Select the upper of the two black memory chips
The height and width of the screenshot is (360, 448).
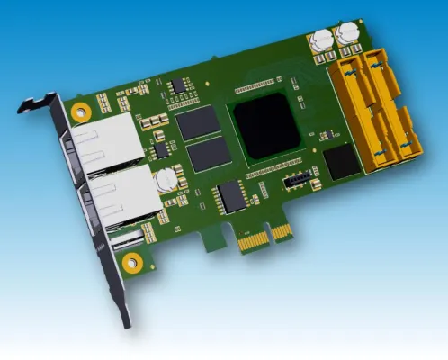coord(196,122)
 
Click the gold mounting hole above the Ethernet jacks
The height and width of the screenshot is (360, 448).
coord(81,112)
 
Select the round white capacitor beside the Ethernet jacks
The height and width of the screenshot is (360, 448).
coord(165,183)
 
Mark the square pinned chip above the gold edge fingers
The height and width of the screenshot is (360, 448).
coord(233,195)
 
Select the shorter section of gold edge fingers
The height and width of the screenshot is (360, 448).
coord(282,231)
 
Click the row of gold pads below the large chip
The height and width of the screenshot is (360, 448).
coord(274,169)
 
